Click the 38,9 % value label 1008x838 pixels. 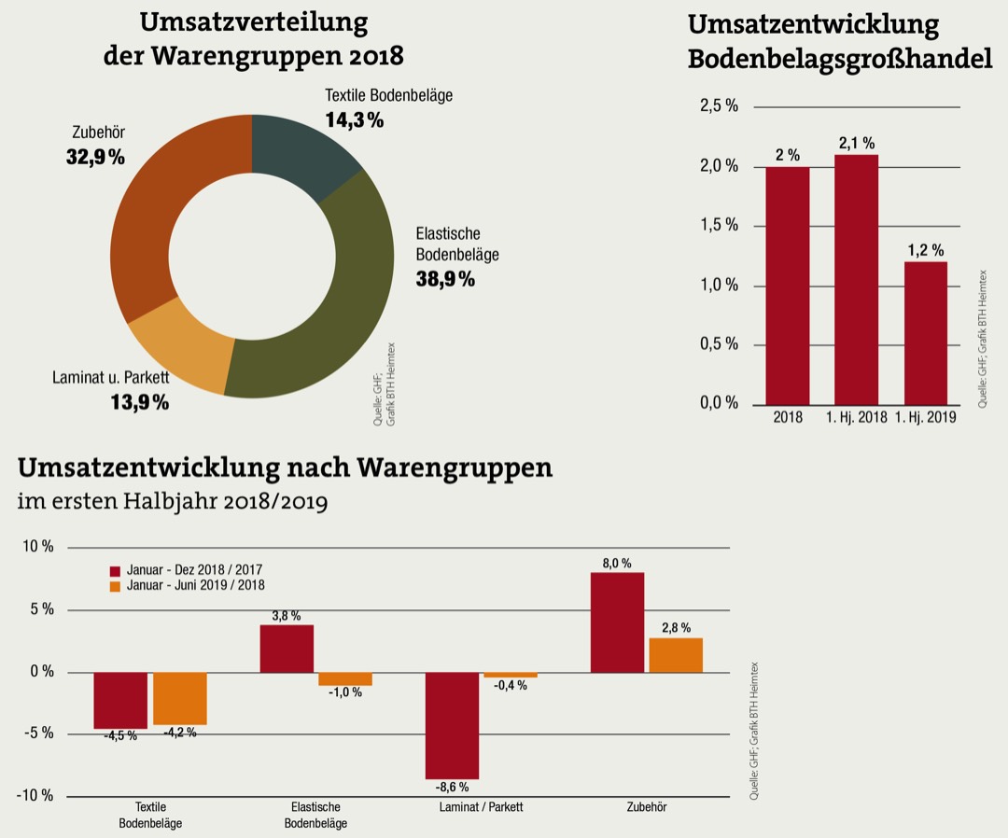point(445,278)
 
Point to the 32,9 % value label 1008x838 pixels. point(95,157)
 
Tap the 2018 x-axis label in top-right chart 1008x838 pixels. point(787,417)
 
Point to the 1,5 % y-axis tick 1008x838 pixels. point(719,226)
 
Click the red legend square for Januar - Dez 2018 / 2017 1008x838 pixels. point(116,570)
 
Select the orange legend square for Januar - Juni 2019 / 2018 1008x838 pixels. point(116,586)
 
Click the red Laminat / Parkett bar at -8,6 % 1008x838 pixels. point(452,725)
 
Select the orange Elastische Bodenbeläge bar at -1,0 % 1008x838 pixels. point(344,678)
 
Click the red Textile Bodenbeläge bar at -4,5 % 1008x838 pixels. point(120,700)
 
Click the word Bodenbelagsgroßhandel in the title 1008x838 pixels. point(839,60)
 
